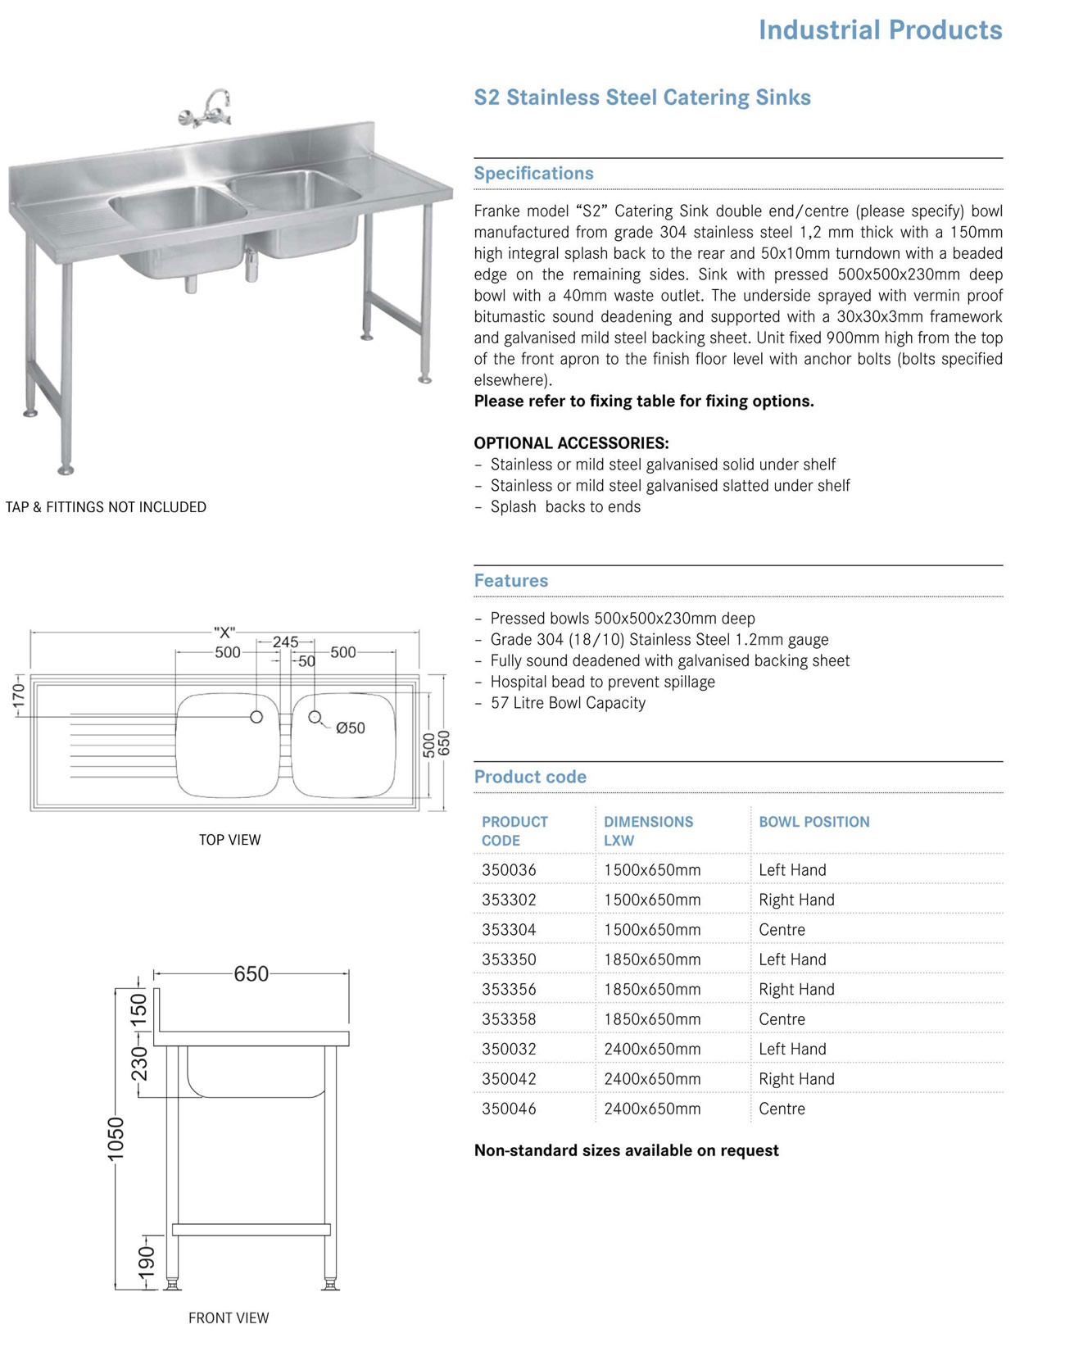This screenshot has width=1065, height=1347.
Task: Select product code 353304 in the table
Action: (509, 930)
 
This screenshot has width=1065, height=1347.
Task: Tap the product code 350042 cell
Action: (509, 1079)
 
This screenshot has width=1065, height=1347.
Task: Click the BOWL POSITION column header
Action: (813, 822)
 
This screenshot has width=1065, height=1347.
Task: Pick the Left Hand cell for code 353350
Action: (792, 959)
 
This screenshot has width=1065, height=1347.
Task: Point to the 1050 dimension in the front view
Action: (116, 1138)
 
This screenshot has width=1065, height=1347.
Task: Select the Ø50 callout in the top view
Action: (350, 728)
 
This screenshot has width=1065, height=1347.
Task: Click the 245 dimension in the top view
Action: (285, 642)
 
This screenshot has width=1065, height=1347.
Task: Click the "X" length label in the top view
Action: (224, 633)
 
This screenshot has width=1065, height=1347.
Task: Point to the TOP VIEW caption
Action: (229, 840)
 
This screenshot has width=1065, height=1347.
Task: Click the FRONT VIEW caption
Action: (229, 1318)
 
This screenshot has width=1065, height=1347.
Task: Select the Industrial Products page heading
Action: (880, 30)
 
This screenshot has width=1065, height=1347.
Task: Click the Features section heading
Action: (511, 581)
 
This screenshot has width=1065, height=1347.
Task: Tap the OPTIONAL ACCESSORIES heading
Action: (571, 443)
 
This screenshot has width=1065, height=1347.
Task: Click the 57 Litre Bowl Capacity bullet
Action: (568, 703)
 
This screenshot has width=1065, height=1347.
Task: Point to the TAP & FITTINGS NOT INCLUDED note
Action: (106, 507)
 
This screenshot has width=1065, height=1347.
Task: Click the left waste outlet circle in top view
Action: (256, 717)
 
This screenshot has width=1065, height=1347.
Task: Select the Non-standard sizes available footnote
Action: (626, 1150)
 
